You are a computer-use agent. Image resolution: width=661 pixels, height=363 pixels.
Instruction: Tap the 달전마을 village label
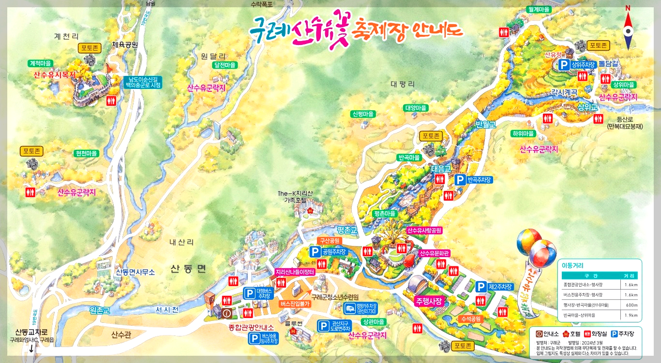[225, 65]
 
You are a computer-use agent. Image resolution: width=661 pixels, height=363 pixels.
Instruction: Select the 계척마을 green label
[40, 63]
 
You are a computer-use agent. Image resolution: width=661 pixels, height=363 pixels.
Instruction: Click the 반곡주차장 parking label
[480, 180]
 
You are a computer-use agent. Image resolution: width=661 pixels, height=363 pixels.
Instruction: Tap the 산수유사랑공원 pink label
[424, 231]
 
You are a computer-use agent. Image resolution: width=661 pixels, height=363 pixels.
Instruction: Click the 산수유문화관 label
[434, 253]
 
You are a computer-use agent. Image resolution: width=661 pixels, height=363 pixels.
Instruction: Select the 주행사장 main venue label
[429, 301]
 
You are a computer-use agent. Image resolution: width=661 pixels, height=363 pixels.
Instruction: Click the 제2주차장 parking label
[500, 287]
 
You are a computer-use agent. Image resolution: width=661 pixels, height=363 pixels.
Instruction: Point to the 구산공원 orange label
[330, 240]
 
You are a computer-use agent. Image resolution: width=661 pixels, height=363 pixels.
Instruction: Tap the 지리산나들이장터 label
[295, 272]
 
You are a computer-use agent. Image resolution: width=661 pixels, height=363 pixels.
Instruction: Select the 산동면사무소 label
[135, 272]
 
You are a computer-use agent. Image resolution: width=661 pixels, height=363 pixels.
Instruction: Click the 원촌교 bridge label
[100, 309]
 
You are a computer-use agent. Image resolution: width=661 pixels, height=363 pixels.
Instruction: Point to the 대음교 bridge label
[441, 169]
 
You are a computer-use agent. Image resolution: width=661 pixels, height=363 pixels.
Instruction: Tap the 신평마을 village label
[363, 114]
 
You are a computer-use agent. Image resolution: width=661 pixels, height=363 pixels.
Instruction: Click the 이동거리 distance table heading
[573, 265]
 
